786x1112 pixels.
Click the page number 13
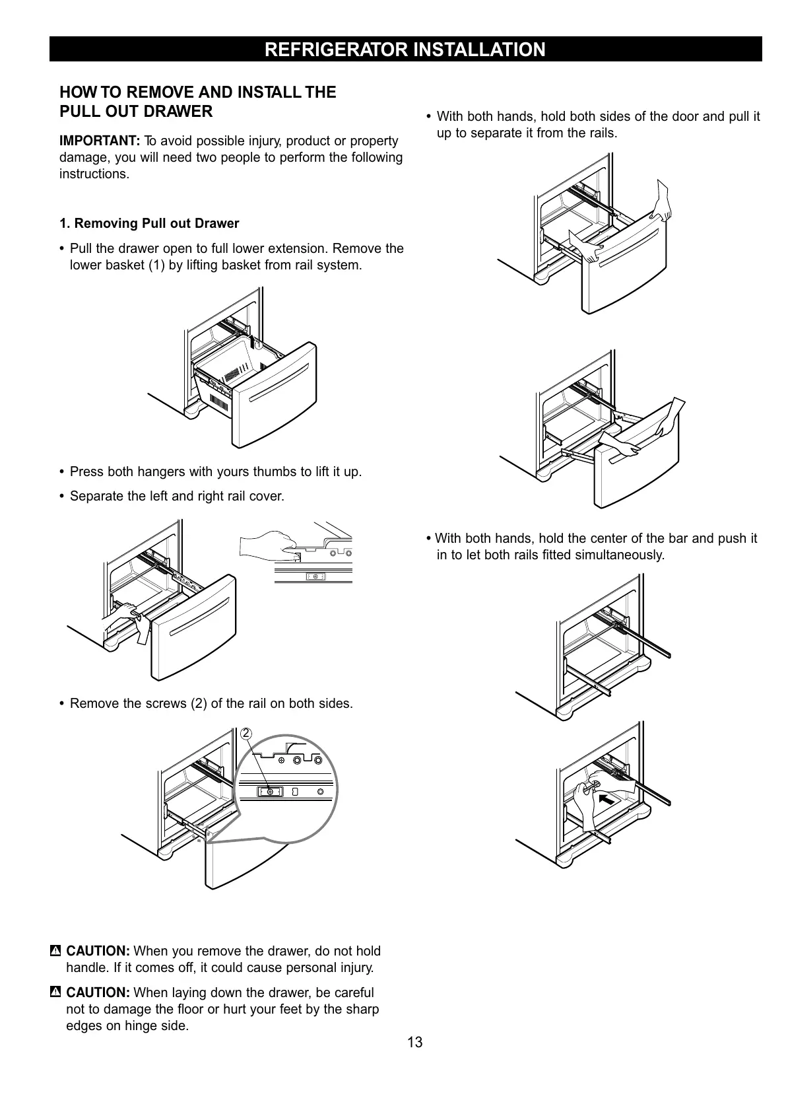tap(414, 1043)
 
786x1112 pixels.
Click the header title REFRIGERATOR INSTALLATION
tap(405, 50)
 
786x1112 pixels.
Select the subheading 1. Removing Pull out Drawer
tap(149, 223)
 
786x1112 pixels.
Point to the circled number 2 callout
tap(246, 734)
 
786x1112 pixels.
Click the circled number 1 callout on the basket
tap(259, 345)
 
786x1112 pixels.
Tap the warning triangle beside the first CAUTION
tap(55, 951)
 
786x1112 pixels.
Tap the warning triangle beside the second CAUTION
tap(55, 992)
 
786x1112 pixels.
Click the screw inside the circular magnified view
tap(270, 791)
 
